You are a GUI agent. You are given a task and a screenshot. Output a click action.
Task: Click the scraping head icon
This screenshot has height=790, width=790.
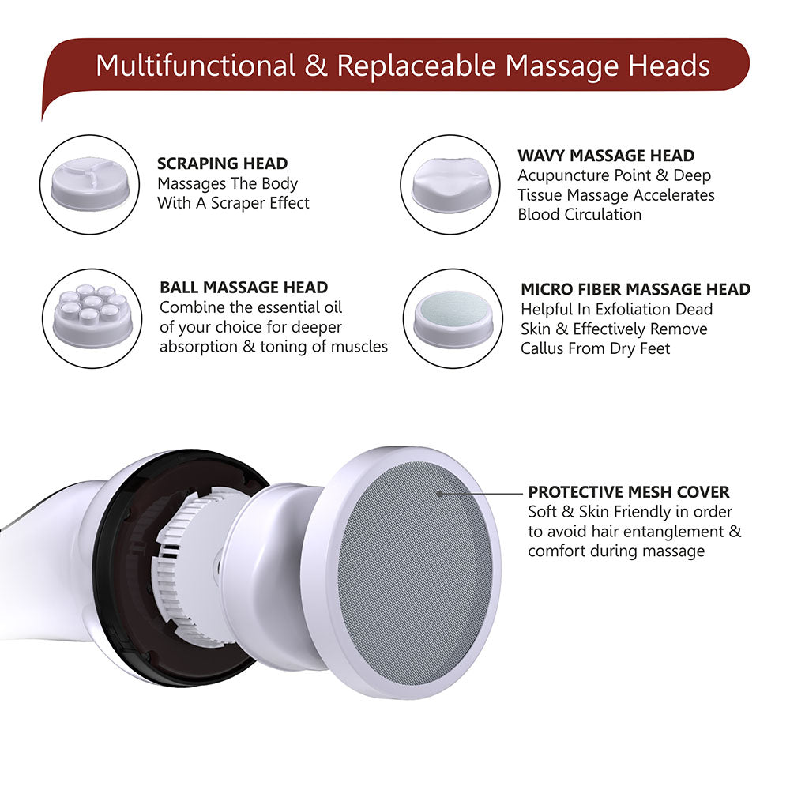point(88,185)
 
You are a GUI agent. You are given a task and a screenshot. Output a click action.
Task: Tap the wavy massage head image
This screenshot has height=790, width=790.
point(450,185)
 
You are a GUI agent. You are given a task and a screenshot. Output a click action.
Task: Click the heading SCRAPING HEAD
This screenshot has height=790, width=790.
point(222,164)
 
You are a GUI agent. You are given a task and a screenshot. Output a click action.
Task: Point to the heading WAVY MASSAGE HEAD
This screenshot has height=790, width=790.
point(606,156)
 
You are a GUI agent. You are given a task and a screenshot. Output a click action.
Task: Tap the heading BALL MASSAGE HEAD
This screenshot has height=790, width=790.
point(243,287)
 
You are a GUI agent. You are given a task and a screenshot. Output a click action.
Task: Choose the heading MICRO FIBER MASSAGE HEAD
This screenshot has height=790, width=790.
point(635,290)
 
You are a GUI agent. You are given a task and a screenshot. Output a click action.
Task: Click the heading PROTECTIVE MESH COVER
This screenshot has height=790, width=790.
point(629,491)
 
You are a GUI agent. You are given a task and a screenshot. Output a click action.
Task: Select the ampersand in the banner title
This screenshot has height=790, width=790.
point(316,66)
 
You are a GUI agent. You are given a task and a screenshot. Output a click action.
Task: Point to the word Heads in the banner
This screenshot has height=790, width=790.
point(670,66)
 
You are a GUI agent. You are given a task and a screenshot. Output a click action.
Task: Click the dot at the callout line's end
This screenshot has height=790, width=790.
point(440,492)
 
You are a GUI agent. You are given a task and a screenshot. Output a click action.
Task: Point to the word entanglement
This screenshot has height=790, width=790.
point(663,531)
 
